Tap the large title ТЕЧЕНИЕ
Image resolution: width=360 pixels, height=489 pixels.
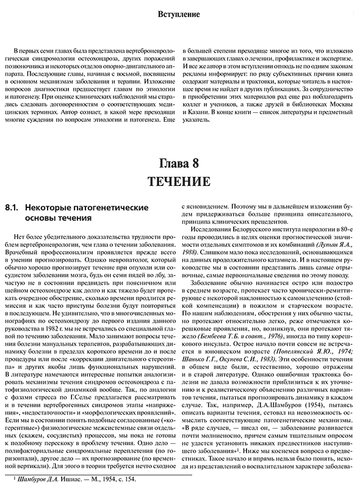coord(180,182)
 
